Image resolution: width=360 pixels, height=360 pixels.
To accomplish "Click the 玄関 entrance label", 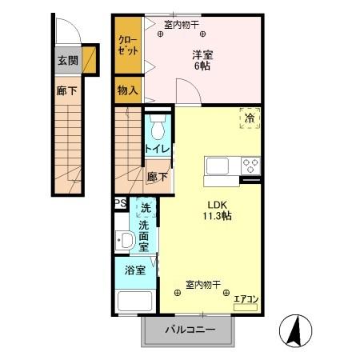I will pos(67,61).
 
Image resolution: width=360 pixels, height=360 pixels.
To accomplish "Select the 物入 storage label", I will pos(127,90).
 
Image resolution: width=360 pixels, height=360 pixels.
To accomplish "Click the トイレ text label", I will pos(156,149).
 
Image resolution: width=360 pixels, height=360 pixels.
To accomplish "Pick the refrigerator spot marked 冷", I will pos(249,118).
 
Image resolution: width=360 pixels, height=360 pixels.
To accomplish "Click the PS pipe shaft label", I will pos(120,203).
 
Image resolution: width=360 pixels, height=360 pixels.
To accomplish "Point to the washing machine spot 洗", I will pos(146,208).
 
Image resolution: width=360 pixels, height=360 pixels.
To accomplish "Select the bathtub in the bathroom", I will pos(136,303).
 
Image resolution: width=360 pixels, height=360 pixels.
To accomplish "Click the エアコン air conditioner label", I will pos(246,298).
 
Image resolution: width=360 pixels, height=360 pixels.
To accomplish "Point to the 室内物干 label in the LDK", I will pos(204,283).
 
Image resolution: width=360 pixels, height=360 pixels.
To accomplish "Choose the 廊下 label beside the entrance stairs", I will pos(67,91).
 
